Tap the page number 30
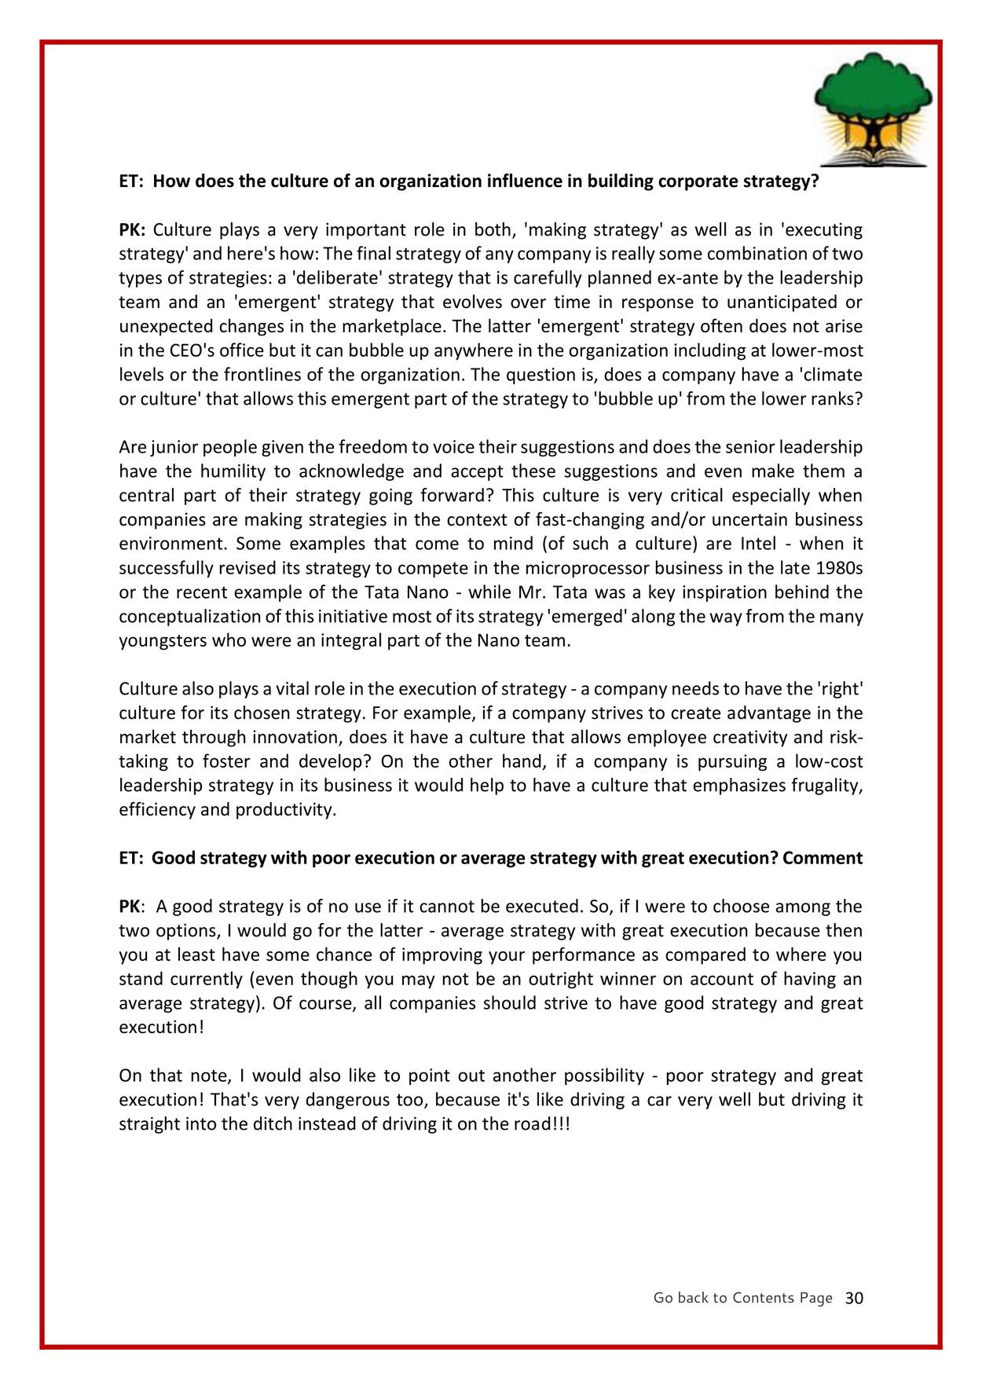[x=854, y=1299]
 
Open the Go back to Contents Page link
[x=742, y=1298]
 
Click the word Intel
[x=758, y=544]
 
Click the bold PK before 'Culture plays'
[x=132, y=230]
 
